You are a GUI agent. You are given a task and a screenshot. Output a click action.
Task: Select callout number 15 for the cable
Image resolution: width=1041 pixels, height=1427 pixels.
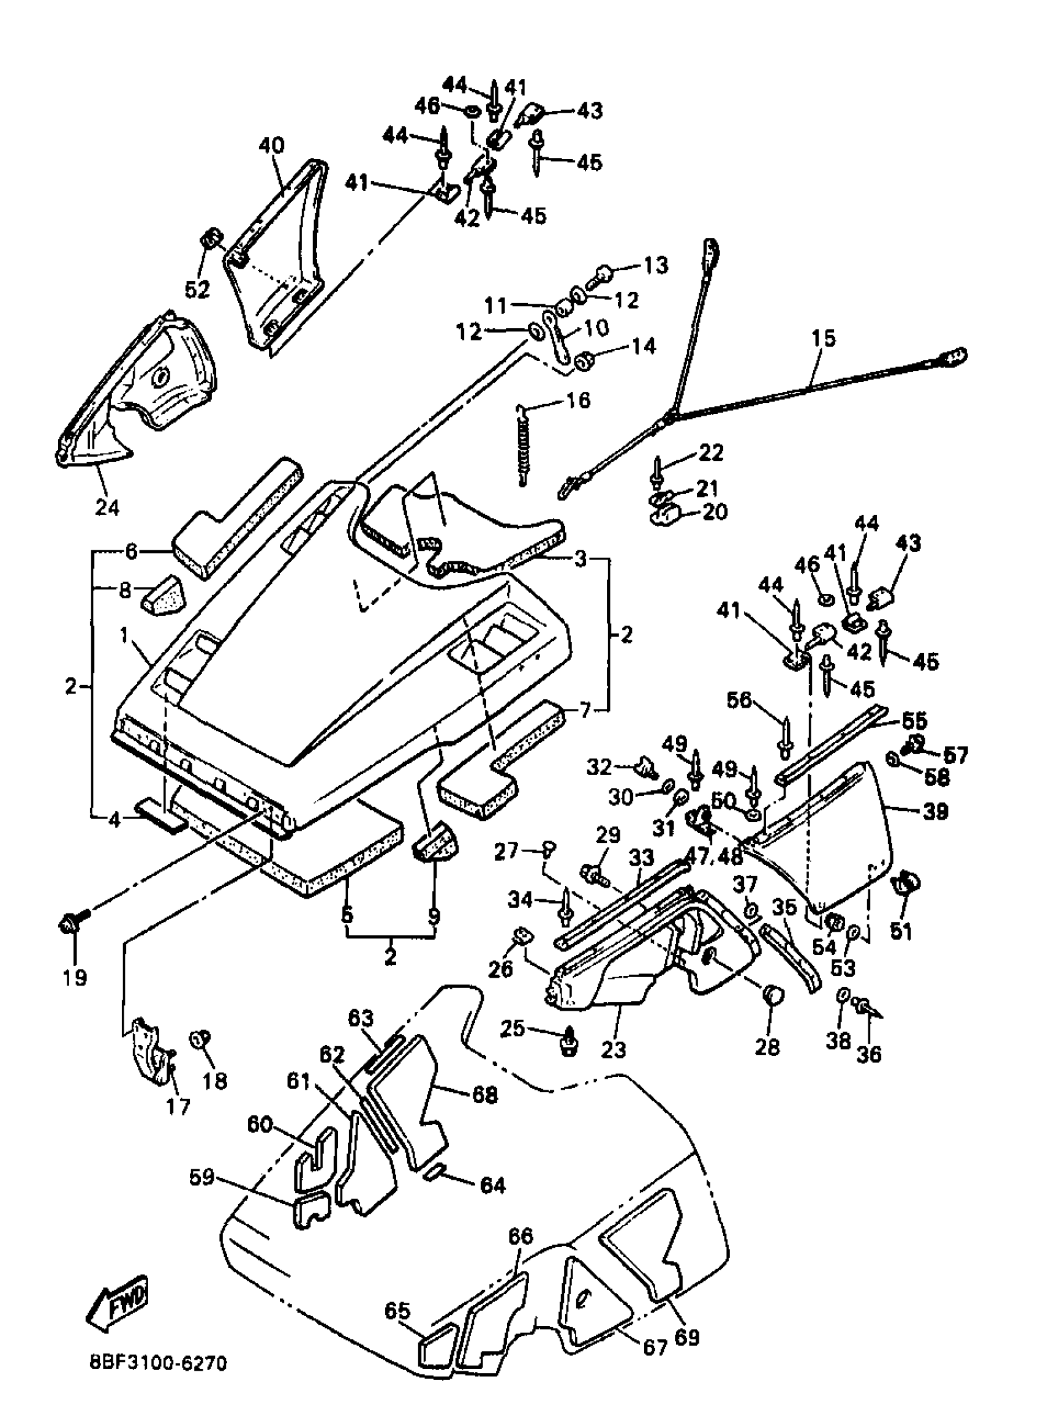point(824,339)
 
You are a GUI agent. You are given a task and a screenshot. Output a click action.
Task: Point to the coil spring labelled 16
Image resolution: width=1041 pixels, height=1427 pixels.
point(521,446)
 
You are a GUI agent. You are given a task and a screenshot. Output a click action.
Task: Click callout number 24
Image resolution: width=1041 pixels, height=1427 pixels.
point(107,506)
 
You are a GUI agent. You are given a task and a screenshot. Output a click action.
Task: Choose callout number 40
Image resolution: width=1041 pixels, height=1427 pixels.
point(272,145)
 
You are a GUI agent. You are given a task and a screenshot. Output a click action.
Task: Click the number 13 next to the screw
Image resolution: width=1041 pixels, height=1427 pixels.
point(655,265)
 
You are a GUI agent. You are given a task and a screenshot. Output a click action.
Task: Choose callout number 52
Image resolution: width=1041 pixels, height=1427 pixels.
point(197,289)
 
